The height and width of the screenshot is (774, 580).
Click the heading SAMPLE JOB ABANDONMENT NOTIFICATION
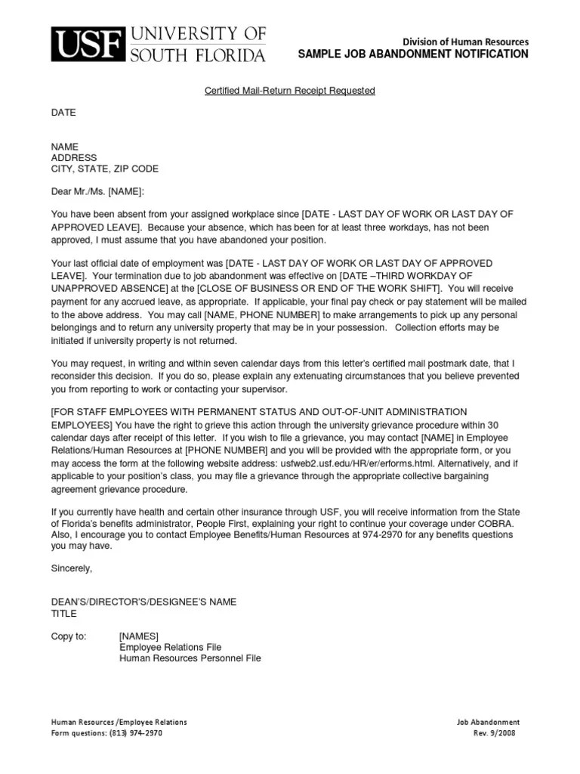(413, 54)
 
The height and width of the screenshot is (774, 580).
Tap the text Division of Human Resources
(465, 42)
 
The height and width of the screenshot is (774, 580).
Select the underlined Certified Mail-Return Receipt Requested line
(290, 91)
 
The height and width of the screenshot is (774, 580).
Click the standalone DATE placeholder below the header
(63, 113)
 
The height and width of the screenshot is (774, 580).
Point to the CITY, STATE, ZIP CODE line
(104, 169)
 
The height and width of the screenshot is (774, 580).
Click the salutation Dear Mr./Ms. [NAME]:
(97, 191)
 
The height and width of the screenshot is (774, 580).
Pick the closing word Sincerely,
(71, 568)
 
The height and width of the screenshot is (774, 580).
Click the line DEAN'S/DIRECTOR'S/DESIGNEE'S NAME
(143, 602)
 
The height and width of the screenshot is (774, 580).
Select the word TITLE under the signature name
(64, 613)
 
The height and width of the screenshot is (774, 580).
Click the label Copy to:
(69, 636)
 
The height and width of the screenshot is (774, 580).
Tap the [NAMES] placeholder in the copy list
(139, 636)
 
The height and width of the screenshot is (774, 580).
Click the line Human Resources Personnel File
(190, 658)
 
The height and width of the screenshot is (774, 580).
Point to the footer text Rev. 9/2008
(495, 733)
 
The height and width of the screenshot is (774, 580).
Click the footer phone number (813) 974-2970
(136, 733)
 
